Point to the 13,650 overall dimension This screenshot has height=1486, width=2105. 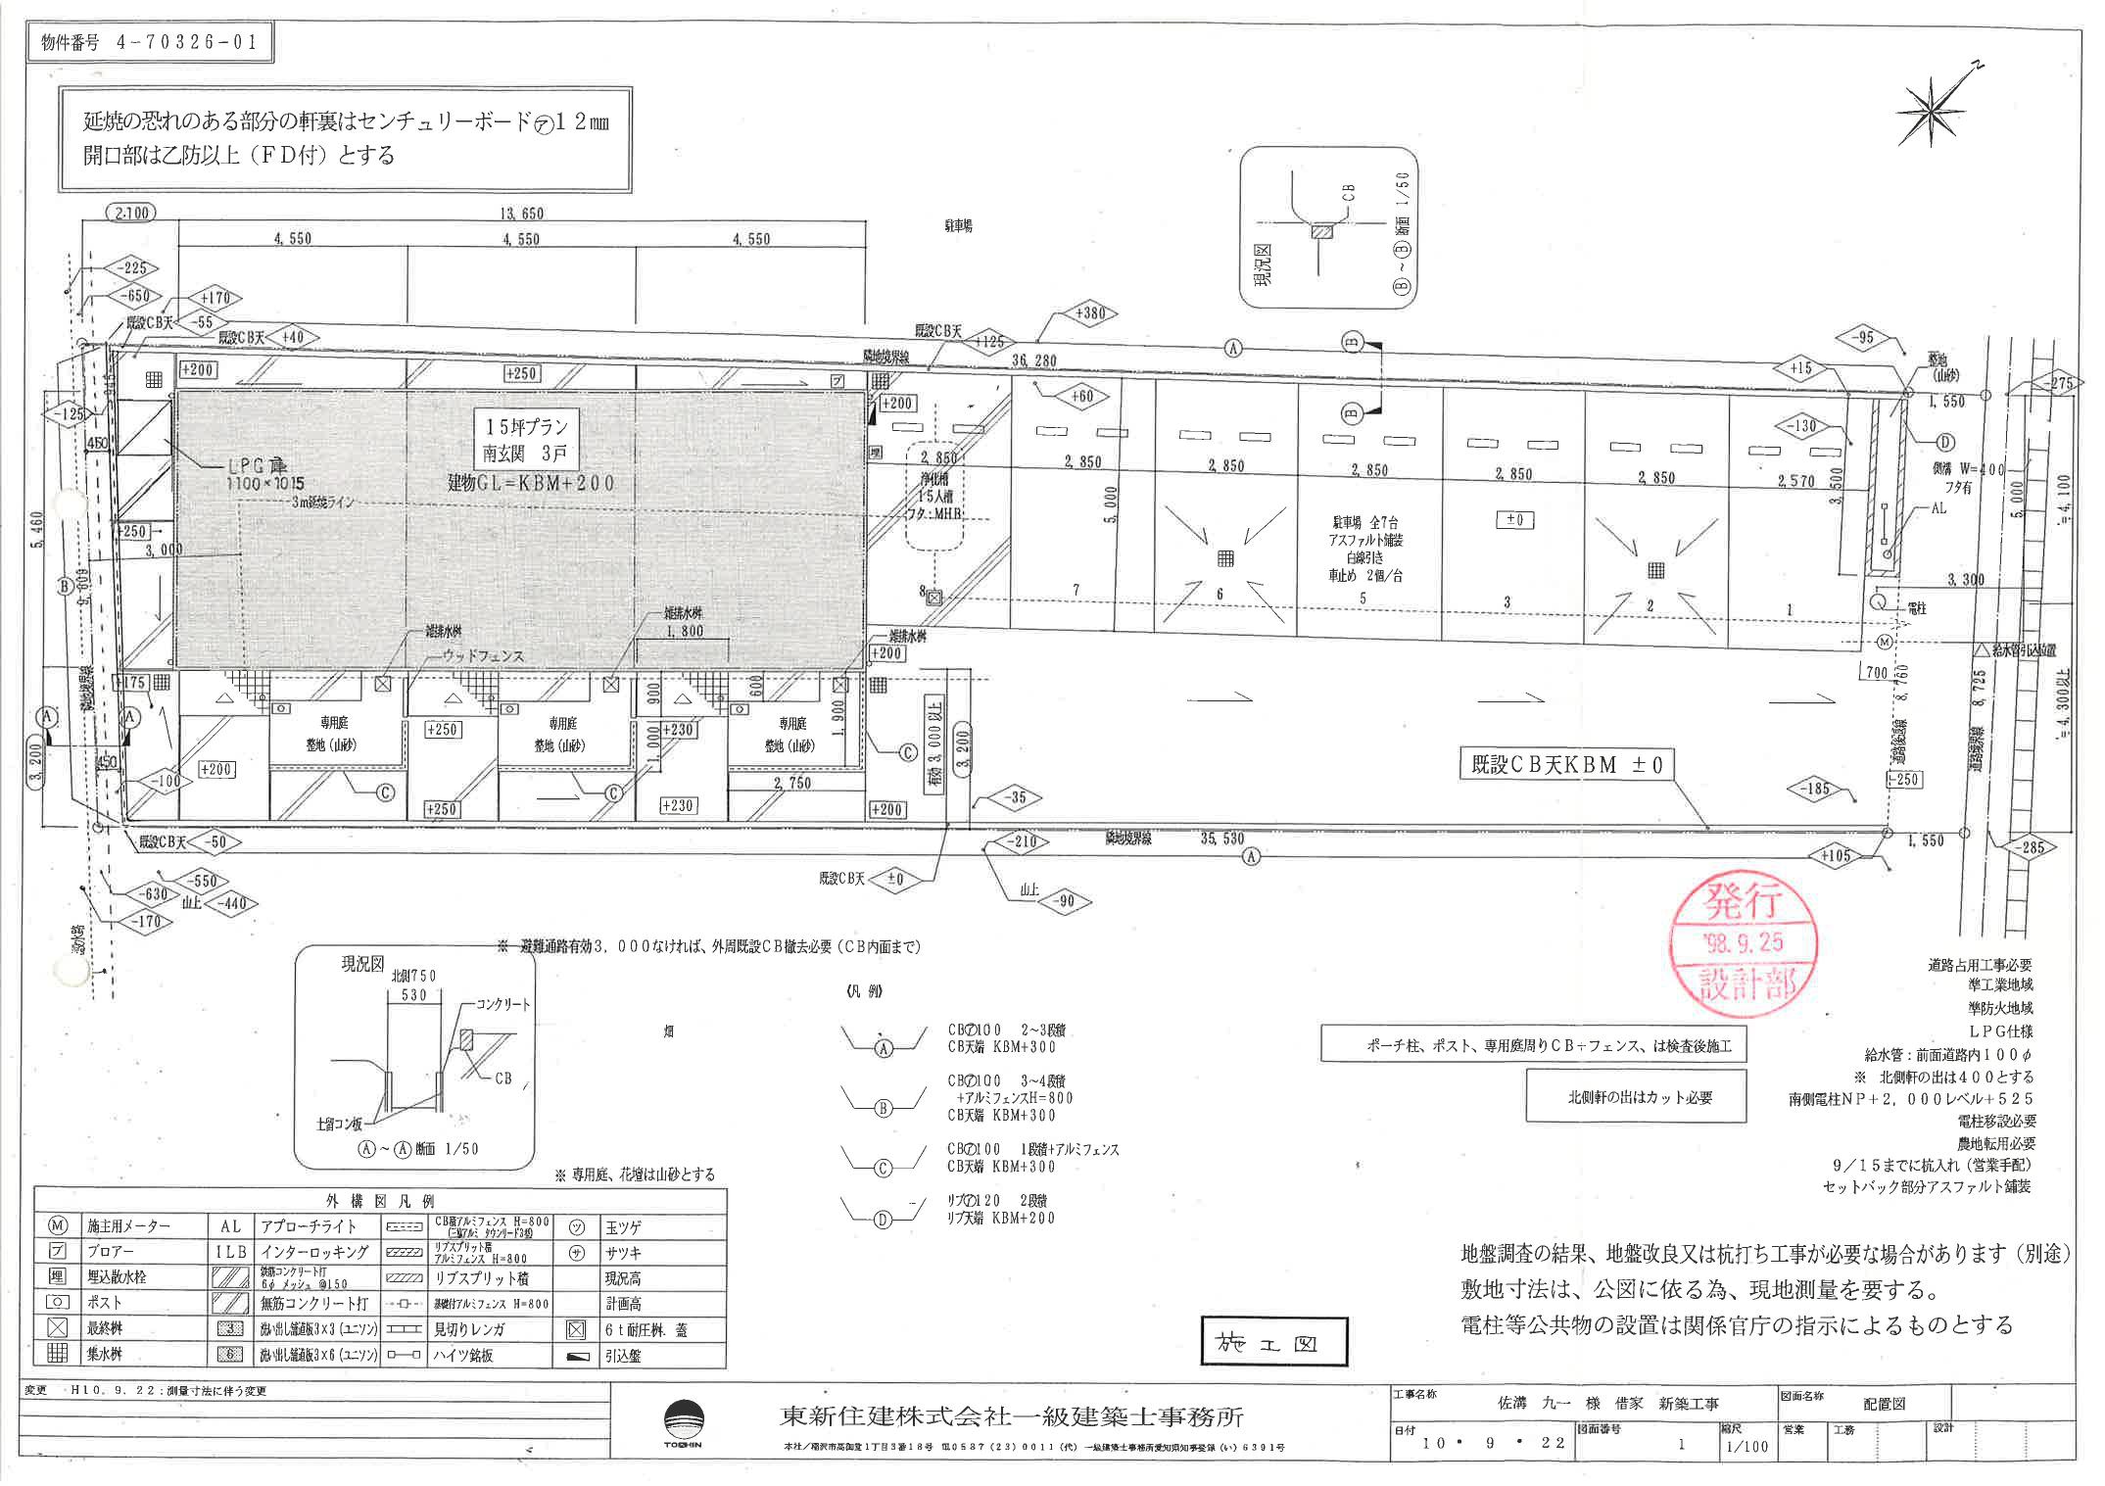(x=521, y=214)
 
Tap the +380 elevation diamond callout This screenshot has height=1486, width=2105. (x=1089, y=314)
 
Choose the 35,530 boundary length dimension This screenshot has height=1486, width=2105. (x=1221, y=839)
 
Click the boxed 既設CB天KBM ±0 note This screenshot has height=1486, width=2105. (x=1566, y=765)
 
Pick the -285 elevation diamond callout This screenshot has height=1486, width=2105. (x=2033, y=847)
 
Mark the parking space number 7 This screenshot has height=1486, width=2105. (x=1076, y=590)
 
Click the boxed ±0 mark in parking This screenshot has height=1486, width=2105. (x=1514, y=520)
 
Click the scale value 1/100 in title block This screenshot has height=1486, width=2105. (x=1749, y=1447)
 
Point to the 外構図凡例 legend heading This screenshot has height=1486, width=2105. (x=380, y=1201)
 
